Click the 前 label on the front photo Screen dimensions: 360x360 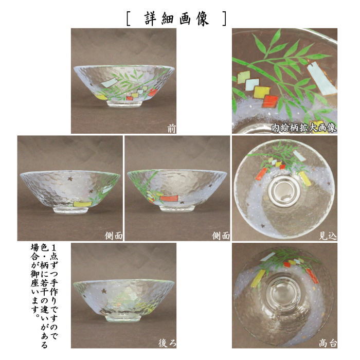(171, 129)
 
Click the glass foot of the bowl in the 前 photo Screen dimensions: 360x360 (124, 102)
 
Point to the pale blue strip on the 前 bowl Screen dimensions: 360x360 (110, 82)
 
